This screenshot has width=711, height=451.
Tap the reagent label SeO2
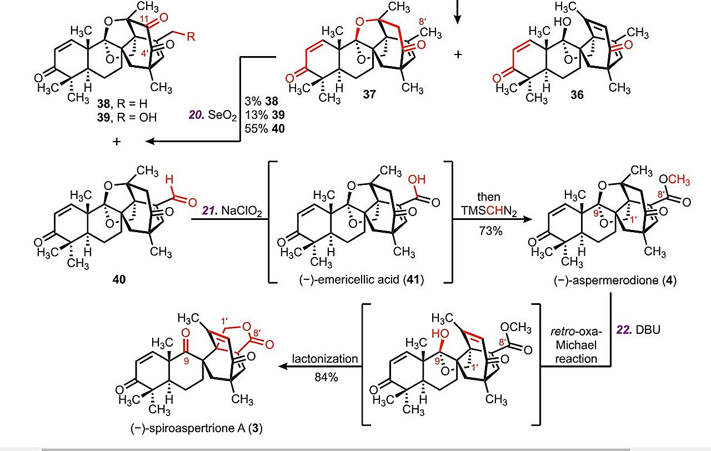click(x=215, y=115)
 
